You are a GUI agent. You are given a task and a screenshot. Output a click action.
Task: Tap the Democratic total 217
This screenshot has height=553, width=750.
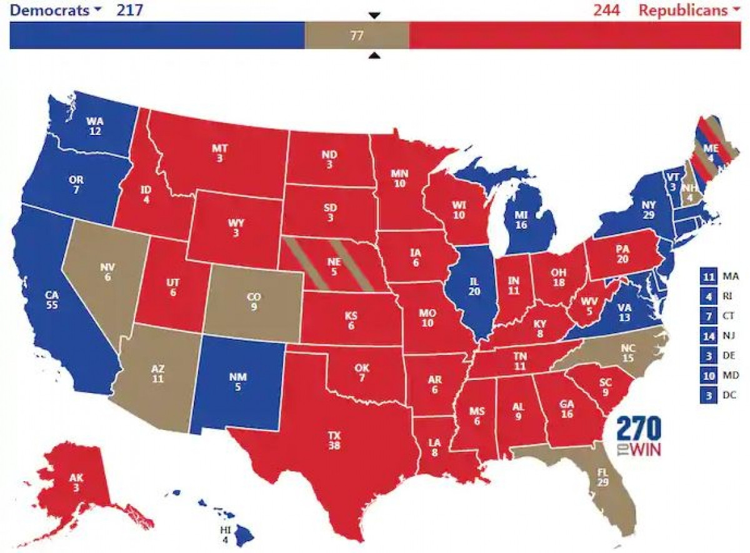(x=129, y=10)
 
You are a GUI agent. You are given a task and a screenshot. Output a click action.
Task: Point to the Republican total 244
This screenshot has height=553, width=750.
(x=607, y=10)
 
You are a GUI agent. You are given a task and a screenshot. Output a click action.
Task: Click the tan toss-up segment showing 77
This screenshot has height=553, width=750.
(x=356, y=36)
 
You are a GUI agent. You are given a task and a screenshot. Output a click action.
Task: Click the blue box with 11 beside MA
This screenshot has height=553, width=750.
(x=708, y=276)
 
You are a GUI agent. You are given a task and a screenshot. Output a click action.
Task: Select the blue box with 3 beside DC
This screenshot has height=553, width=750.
(x=708, y=395)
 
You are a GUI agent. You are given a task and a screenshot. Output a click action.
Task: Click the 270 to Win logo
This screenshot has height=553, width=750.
(x=639, y=436)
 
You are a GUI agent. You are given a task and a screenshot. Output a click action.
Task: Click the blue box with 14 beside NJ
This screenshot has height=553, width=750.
(x=708, y=336)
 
